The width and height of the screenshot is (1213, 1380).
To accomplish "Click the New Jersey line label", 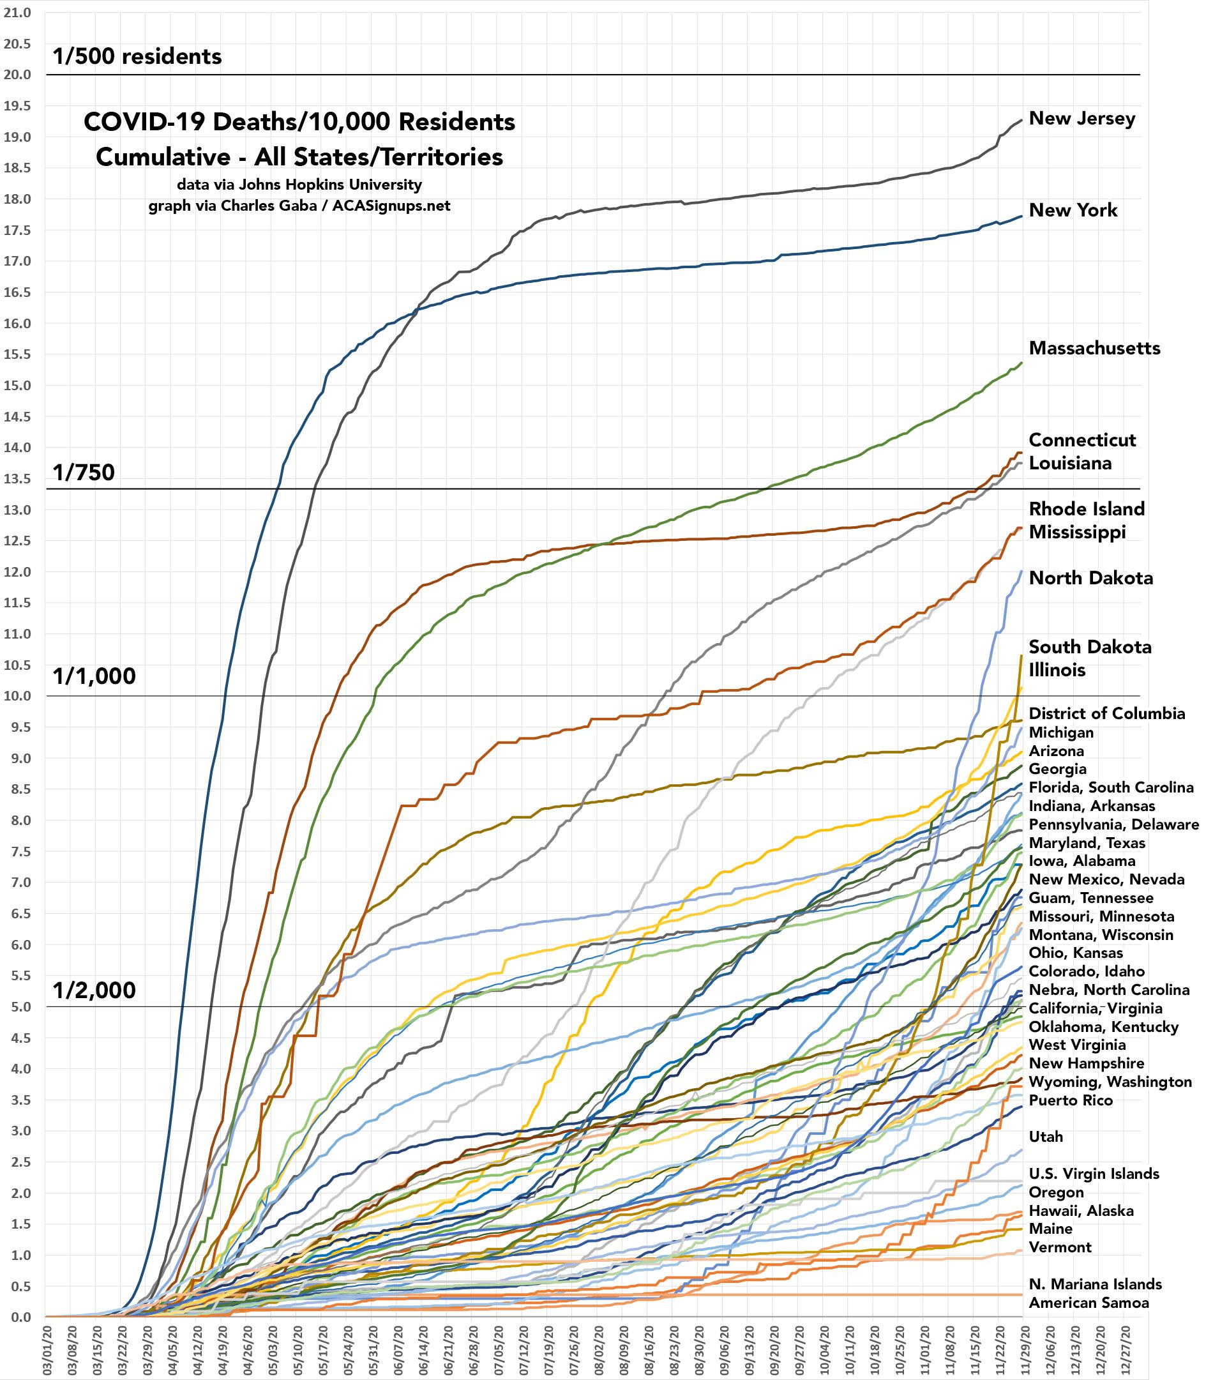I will [x=1081, y=119].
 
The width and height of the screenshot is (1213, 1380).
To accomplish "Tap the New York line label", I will [x=1073, y=211].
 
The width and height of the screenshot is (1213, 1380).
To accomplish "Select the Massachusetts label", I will [x=1094, y=349].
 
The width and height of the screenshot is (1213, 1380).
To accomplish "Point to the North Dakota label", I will [x=1091, y=578].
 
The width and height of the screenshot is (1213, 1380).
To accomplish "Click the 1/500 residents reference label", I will [x=137, y=56].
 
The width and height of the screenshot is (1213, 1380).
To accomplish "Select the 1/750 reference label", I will [x=84, y=473].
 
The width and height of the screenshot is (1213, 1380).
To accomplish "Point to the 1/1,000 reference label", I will [x=94, y=676].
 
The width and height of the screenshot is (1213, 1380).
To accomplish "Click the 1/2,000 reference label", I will [x=94, y=990].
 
